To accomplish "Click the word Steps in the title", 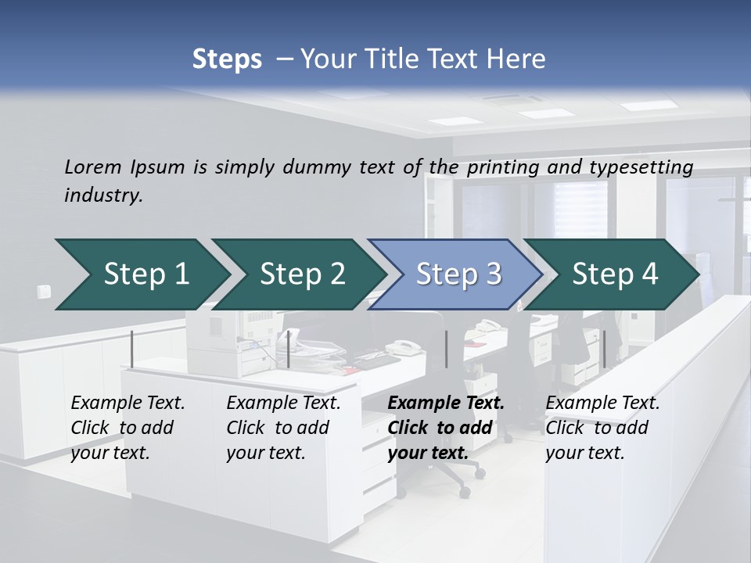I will click(x=227, y=59).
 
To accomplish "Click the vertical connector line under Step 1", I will click(x=131, y=349).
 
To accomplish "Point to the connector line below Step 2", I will click(x=289, y=349).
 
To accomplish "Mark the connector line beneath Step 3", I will click(x=446, y=349).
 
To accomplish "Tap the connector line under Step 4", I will click(x=604, y=349).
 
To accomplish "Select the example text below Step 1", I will click(x=128, y=428).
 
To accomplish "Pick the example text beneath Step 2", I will click(x=283, y=428).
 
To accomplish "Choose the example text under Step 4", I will click(x=602, y=428).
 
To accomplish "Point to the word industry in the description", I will click(x=103, y=195).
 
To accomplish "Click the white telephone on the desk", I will click(x=403, y=347).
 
